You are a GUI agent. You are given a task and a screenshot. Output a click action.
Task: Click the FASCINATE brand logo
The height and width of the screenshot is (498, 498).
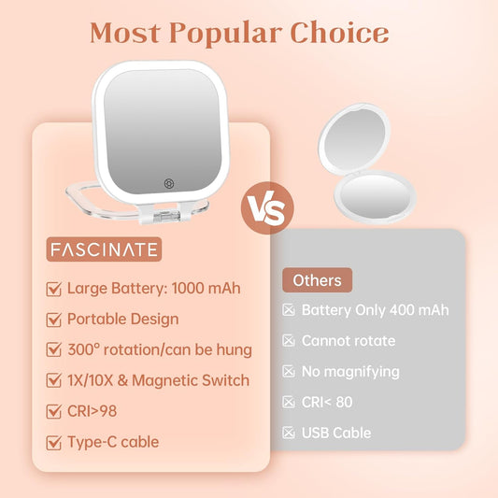(x=104, y=250)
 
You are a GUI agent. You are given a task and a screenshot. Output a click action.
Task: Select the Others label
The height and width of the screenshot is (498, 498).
(x=316, y=279)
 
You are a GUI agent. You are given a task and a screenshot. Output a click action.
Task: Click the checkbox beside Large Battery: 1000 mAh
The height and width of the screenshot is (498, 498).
(x=54, y=289)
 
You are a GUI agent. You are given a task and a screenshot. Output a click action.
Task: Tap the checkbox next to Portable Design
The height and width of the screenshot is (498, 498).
(x=54, y=320)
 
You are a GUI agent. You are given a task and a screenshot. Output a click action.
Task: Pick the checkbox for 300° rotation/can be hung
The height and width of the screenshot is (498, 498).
(x=54, y=350)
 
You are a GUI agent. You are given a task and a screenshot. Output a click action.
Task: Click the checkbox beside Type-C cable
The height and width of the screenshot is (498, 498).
(x=54, y=442)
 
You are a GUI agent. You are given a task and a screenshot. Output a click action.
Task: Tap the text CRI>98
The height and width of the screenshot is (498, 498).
(x=92, y=411)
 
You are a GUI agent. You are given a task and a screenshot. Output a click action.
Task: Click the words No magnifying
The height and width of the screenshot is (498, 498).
(x=350, y=371)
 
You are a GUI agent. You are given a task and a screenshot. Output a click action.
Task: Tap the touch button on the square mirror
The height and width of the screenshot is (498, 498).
(x=168, y=184)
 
